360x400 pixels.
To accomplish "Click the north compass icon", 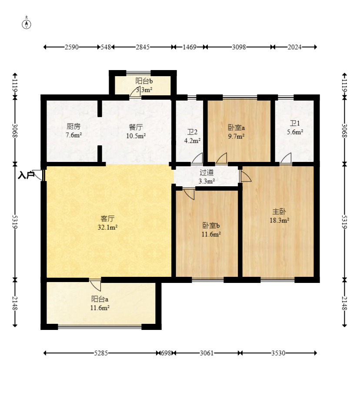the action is (x=27, y=23).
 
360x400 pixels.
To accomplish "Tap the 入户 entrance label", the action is (x=26, y=175).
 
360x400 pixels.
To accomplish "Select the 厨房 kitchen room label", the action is (x=73, y=126).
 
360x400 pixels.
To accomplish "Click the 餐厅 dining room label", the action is (x=136, y=127).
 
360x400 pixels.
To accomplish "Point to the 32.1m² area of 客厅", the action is (x=107, y=227).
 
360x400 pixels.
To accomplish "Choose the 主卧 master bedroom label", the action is (x=279, y=212).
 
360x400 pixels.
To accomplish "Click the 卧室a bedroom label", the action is (x=236, y=127).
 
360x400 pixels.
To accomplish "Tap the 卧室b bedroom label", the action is (x=211, y=225).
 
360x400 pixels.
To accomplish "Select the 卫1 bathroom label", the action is (x=295, y=124).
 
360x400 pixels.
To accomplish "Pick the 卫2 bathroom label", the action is (x=192, y=132).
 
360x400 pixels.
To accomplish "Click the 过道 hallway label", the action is (x=207, y=172).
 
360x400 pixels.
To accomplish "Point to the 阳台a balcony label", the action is (x=100, y=299).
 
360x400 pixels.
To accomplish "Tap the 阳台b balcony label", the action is (x=144, y=81).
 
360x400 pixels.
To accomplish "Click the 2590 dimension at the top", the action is (x=72, y=47).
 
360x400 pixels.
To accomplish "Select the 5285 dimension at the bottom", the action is (x=101, y=353).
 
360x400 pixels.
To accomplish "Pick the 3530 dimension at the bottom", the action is (x=278, y=353).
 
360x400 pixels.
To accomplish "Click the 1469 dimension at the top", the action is (x=189, y=47).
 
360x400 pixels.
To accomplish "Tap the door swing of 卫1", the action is (x=286, y=158).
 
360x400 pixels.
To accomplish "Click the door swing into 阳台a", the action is (x=95, y=285).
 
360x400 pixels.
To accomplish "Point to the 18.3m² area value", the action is (x=279, y=220).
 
